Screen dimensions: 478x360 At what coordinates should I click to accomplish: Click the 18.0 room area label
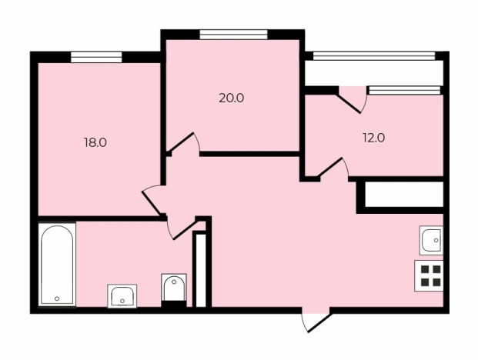[95, 142]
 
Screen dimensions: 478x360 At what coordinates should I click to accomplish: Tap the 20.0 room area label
[232, 98]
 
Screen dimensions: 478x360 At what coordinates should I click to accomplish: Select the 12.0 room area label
[374, 138]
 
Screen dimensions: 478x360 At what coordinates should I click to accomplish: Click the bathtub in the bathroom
[57, 265]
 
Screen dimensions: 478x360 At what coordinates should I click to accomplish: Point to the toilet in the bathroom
[174, 288]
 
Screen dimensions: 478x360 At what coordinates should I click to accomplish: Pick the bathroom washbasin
[122, 295]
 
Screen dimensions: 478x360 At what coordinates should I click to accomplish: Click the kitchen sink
[431, 240]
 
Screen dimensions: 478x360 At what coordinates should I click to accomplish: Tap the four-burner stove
[429, 275]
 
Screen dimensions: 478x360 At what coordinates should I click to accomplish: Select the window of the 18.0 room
[96, 57]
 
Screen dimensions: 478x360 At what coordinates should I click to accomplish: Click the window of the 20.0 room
[233, 35]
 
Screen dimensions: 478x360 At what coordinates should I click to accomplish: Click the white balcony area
[374, 73]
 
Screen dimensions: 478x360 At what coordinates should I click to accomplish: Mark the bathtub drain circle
[57, 298]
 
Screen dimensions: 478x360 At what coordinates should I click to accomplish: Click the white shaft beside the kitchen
[404, 195]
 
